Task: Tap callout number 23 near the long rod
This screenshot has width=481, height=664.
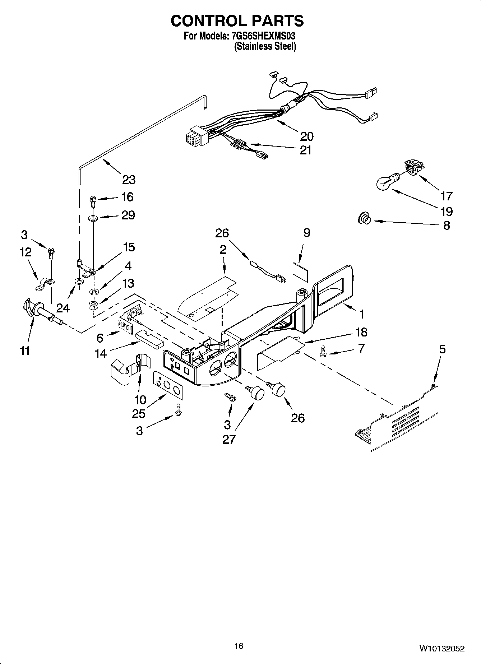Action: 129,179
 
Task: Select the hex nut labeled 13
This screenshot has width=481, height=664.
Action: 94,306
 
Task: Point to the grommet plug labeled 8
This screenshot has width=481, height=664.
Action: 364,218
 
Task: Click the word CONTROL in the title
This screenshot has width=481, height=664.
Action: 208,21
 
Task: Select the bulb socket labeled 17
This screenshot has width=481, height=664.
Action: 413,167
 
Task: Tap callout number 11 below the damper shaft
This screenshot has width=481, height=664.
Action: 24,350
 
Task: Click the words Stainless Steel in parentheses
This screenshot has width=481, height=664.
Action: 265,47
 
